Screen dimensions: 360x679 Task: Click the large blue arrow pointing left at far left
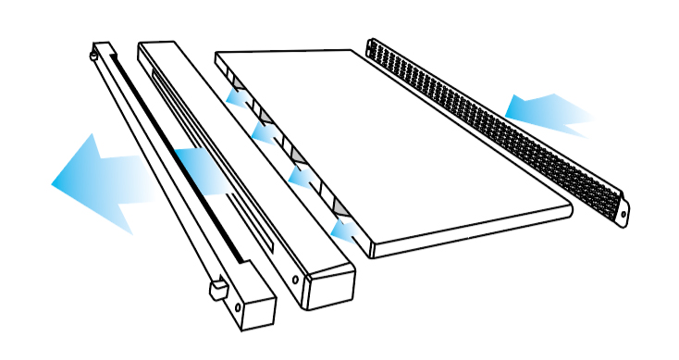click(93, 182)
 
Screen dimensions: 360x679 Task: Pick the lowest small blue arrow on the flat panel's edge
click(343, 227)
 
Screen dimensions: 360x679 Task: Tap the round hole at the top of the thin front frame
click(95, 56)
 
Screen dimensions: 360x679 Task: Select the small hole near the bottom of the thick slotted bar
click(295, 277)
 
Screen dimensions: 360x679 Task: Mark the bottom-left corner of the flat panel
click(372, 250)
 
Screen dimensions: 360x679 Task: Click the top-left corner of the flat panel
click(219, 56)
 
